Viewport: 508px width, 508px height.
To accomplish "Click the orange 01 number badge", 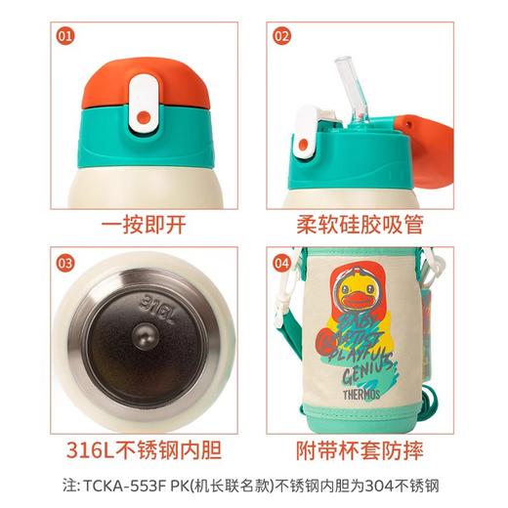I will coord(66,36).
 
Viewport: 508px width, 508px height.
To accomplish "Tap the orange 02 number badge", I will coord(281,36).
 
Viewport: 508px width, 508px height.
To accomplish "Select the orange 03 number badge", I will coord(66,262).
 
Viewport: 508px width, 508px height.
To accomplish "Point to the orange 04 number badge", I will coord(281,262).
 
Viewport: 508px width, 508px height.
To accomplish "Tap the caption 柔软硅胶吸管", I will coord(360,223).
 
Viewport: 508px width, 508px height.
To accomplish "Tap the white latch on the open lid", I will coord(306,137).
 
